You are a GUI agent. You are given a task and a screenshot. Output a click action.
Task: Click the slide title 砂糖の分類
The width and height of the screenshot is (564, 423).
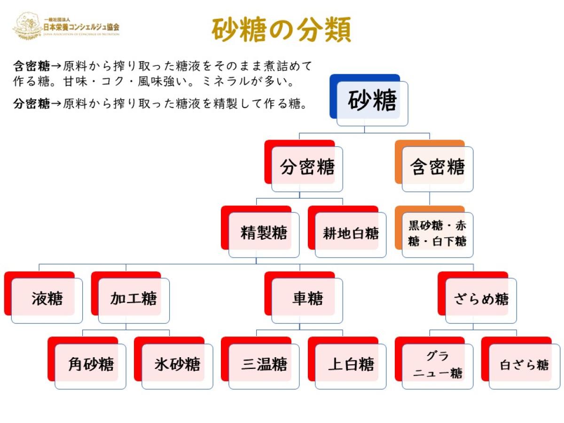[281, 29]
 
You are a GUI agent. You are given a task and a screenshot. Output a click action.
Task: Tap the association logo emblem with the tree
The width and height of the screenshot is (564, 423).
[27, 26]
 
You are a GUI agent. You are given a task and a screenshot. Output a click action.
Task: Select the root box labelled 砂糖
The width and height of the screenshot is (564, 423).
[369, 100]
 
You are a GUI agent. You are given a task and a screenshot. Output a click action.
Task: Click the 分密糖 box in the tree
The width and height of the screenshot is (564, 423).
[304, 166]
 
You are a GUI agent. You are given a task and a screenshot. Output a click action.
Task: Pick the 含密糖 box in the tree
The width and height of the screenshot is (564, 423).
[434, 166]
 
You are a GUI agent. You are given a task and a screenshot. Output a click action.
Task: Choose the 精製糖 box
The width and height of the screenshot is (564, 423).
[260, 232]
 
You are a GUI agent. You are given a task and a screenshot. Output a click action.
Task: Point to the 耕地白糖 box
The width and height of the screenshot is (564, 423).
[347, 232]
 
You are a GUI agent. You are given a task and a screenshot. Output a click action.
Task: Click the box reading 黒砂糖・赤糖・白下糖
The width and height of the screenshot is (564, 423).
[434, 232]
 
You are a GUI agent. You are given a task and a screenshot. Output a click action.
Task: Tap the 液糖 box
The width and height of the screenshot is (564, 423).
[43, 298]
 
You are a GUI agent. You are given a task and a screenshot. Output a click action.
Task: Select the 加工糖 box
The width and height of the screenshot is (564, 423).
[130, 298]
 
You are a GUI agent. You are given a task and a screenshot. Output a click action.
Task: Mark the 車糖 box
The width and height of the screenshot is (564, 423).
[304, 298]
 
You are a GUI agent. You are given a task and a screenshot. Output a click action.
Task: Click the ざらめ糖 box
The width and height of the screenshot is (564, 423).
[477, 298]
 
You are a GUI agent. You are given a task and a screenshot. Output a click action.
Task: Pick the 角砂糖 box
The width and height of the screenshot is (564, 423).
[86, 363]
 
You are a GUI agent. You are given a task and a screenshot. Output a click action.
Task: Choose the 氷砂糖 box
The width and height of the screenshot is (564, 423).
[173, 363]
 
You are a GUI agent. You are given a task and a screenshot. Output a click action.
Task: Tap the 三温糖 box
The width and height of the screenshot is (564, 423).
[260, 363]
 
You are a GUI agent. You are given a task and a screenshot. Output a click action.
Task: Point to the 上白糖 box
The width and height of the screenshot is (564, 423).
[347, 363]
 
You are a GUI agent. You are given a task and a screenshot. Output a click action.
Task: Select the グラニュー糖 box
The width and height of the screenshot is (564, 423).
[434, 363]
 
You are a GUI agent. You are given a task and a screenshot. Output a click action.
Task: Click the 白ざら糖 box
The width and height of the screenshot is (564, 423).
[521, 363]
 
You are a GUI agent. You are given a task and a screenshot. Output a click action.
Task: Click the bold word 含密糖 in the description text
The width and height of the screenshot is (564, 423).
[31, 66]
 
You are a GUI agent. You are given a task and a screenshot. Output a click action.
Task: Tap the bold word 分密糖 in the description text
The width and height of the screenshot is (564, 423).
[31, 104]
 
